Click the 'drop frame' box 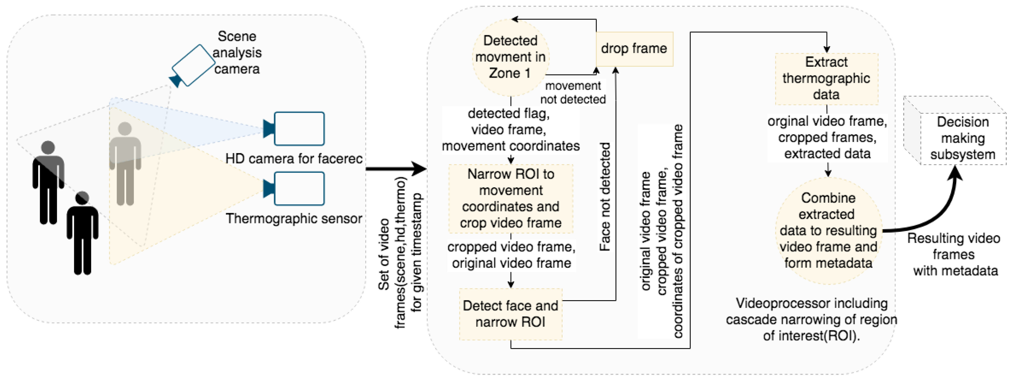tap(634, 49)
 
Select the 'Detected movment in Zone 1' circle tap(511, 57)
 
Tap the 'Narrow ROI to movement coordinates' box tap(511, 199)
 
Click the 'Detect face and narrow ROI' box tap(511, 314)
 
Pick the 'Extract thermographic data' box tap(827, 79)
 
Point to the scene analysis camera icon tap(192, 66)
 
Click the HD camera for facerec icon tap(294, 129)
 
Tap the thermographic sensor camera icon tap(294, 188)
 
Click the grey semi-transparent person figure tap(125, 164)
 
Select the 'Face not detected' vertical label tap(605, 197)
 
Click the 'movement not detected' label tap(573, 92)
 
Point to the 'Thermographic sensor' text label tap(294, 218)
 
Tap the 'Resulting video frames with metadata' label tap(954, 254)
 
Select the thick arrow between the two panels tap(396, 169)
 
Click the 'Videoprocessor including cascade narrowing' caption tap(811, 319)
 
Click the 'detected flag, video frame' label tap(511, 130)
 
